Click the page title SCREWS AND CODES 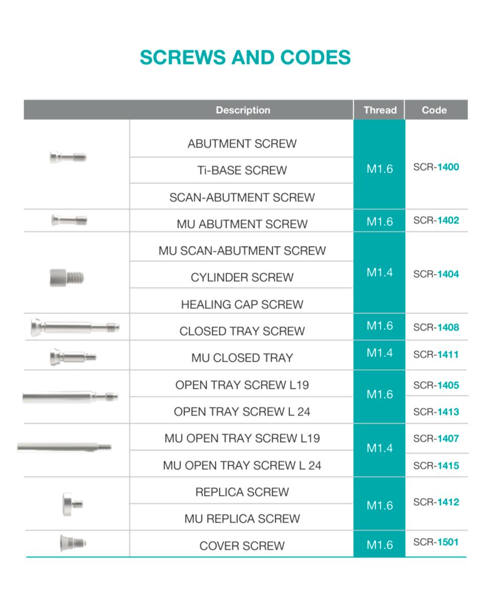pos(245,57)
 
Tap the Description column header pos(243,110)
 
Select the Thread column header pos(380,110)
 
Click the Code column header pos(434,110)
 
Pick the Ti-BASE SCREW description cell pos(242,171)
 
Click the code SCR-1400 pos(436,167)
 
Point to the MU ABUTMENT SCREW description pos(242,224)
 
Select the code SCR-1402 pos(436,221)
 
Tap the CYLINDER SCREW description pos(242,278)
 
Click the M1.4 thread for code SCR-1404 pos(380,273)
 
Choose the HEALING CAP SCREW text pos(242,304)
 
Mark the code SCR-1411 pos(436,355)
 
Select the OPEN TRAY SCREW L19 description pos(242,385)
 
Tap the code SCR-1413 pos(436,412)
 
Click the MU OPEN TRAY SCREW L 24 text pos(242,466)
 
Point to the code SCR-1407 pos(436,439)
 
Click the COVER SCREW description pos(242,546)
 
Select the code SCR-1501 pos(436,542)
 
